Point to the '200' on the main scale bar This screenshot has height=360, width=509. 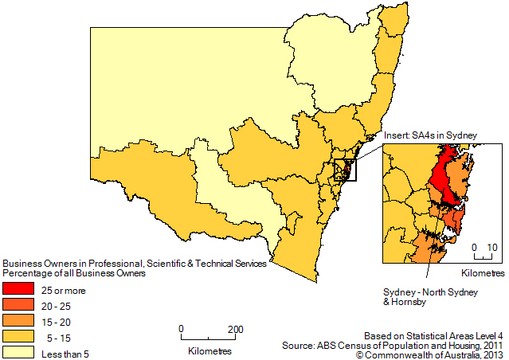coord(235,329)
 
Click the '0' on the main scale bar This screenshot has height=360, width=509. coord(182,329)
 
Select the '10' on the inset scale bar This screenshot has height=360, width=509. coord(492,248)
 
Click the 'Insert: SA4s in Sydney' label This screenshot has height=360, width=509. coord(430,136)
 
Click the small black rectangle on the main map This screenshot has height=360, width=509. coord(346,170)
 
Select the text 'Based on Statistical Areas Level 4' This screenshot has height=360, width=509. coord(433,335)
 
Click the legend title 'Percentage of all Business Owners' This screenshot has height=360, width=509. coord(75,273)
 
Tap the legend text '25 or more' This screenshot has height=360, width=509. coord(64,291)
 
